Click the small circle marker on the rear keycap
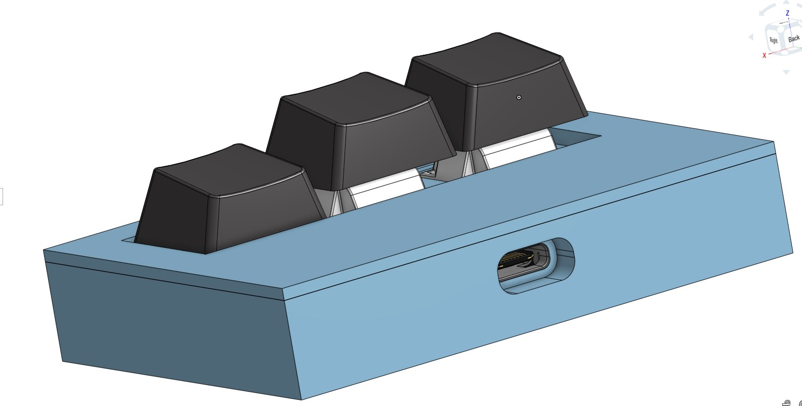519,97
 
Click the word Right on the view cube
774,41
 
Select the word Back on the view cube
793,39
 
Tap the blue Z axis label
787,13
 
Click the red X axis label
764,55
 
